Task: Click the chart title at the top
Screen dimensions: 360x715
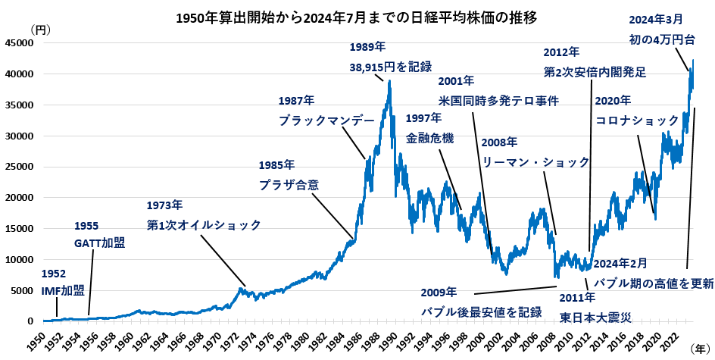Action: (356, 17)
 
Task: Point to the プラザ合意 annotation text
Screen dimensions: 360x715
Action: (289, 184)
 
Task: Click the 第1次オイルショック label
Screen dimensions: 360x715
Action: (204, 224)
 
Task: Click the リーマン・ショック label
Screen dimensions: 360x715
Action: (535, 161)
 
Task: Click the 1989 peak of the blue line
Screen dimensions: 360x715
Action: (389, 81)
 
